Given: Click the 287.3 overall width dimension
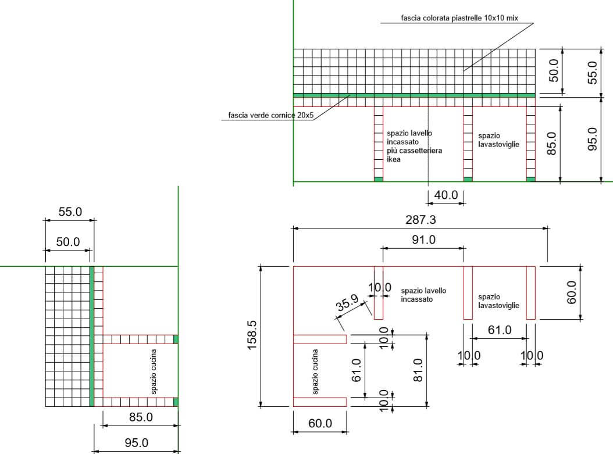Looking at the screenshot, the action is point(420,220).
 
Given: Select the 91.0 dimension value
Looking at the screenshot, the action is point(424,239).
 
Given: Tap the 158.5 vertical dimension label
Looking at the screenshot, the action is point(252,335).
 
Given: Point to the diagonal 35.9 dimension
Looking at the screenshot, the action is point(347,302).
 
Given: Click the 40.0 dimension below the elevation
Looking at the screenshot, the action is point(446,195).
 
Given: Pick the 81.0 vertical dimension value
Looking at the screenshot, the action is point(418,370).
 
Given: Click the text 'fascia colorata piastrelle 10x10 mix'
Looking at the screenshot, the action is point(459,18).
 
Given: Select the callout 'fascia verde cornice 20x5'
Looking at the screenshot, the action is point(270,115).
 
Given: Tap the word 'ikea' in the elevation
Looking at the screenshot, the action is point(394,159).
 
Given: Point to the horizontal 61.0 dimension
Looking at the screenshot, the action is point(500,330).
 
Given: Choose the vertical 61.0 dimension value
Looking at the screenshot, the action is point(357,370).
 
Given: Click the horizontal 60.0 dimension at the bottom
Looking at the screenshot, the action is point(320,423).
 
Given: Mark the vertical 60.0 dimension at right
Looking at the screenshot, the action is point(572,292).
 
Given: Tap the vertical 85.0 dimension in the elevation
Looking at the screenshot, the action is point(551,144).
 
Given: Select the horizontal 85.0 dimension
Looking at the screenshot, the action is point(141,417).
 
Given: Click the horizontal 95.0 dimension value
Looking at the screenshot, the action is point(137,443).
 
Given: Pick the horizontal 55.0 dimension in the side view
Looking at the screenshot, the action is point(70,212).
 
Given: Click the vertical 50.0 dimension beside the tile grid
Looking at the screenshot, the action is point(554,70).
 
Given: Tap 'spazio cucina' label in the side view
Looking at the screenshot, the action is point(154,371).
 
